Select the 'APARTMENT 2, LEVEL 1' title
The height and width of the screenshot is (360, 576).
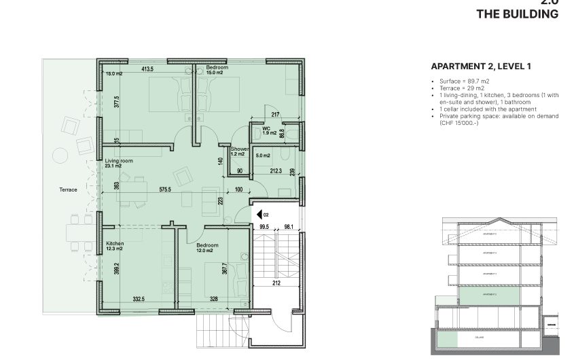click(481, 67)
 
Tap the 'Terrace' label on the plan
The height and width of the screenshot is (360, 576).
click(68, 190)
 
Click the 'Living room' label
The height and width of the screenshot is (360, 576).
click(119, 160)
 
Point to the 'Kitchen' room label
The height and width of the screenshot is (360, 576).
click(115, 243)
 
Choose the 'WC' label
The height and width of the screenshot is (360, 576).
click(266, 127)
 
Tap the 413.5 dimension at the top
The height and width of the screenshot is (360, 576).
click(147, 69)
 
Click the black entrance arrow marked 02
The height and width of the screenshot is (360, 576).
click(259, 215)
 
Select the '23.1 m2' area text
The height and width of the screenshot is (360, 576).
click(113, 166)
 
